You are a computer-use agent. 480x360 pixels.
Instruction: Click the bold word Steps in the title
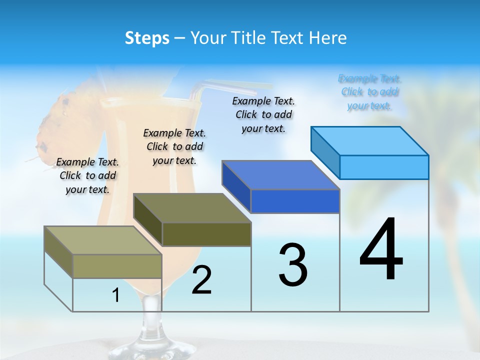[x=147, y=38]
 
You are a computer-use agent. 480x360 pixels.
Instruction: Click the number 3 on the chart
[x=293, y=264]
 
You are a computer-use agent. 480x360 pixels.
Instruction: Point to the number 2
[x=201, y=280]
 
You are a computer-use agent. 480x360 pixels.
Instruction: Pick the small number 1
[x=116, y=295]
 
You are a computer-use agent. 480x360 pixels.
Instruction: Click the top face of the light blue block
[x=370, y=140]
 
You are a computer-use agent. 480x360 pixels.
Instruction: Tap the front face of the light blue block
[x=384, y=167]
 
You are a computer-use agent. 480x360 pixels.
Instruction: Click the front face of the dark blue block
[x=295, y=201]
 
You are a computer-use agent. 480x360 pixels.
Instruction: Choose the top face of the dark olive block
[x=192, y=208]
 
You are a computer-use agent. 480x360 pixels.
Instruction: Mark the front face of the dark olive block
[x=206, y=234]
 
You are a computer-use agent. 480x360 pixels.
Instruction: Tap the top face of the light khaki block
[x=103, y=240]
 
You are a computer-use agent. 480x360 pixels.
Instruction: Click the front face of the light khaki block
[x=117, y=266]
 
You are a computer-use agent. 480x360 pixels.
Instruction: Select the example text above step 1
[x=87, y=175]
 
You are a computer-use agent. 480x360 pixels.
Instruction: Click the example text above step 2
[x=174, y=146]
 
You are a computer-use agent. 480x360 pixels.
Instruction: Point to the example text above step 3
[x=263, y=114]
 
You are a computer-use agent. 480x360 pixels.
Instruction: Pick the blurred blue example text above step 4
[x=369, y=92]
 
